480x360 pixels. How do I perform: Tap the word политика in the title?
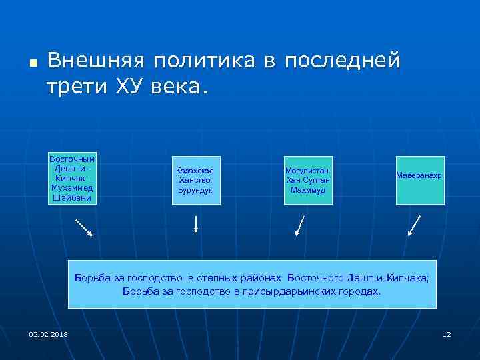coord(204,61)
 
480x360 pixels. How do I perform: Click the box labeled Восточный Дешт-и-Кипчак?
coord(72,179)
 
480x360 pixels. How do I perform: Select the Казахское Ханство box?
coord(195,180)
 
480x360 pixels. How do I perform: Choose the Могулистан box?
coord(308,180)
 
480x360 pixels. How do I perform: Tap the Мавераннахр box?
coord(419,180)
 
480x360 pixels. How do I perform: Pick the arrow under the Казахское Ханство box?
coord(196,223)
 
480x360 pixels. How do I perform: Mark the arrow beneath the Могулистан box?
coord(301,225)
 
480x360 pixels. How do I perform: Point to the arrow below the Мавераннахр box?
coord(414,225)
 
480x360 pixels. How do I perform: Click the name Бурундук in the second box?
coord(195,190)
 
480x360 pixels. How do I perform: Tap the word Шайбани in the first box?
coord(72,198)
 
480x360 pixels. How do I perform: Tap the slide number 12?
coord(447,333)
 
